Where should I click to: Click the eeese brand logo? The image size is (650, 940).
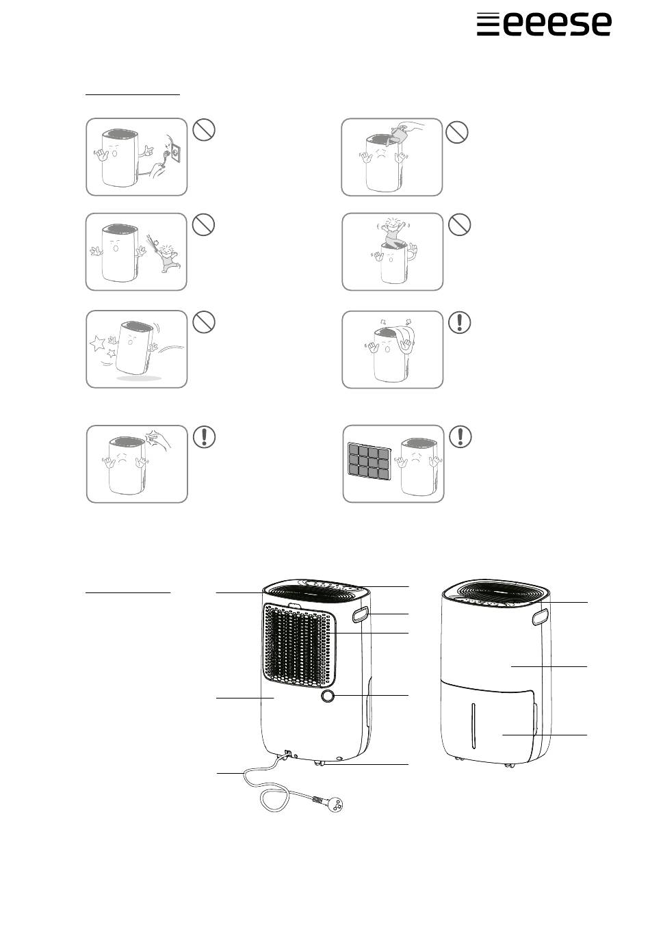point(543,24)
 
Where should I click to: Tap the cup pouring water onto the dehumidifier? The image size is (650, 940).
point(398,133)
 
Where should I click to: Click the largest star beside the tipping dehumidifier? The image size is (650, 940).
point(97,343)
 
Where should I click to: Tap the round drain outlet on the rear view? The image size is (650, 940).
point(328,695)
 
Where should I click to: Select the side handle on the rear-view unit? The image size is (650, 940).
point(360,615)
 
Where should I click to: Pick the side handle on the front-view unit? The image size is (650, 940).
point(541,616)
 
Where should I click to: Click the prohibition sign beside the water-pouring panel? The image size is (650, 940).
point(456,132)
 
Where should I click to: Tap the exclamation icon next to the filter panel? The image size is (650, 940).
point(460,436)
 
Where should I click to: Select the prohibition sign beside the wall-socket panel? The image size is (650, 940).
point(204,130)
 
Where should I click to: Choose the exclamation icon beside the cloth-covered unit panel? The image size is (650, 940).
point(460,322)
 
